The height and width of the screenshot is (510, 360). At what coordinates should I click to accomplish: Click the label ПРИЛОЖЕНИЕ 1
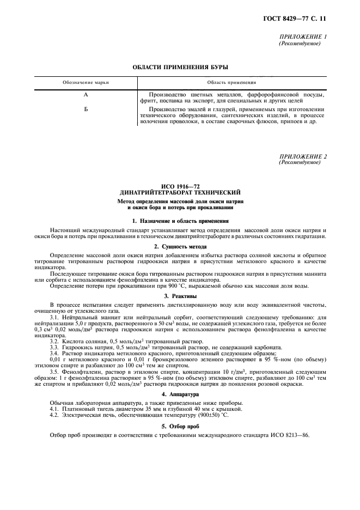pos(302,37)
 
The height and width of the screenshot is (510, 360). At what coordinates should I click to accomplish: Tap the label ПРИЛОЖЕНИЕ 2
pos(302,157)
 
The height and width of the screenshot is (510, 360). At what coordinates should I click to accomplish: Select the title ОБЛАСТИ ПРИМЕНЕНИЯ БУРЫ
pos(180,68)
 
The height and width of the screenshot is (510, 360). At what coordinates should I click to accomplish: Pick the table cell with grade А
pos(86,95)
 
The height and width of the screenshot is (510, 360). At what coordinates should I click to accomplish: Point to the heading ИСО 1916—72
pos(180,187)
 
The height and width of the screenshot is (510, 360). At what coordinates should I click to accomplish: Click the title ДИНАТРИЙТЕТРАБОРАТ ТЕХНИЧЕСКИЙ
pos(180,193)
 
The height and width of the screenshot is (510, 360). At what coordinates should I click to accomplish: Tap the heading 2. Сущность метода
pos(180,247)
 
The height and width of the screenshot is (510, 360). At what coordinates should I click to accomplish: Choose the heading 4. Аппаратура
pos(180,393)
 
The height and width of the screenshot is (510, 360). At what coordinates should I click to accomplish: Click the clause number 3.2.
pos(56,341)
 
